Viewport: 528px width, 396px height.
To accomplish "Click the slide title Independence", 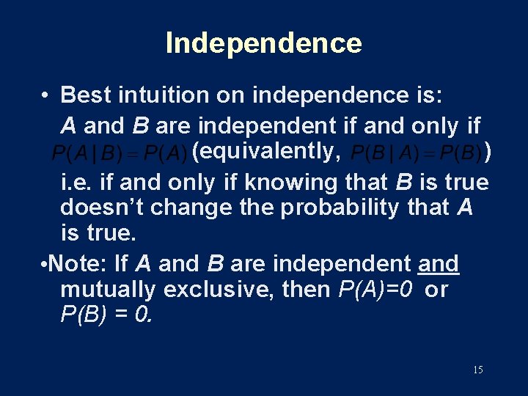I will (264, 43).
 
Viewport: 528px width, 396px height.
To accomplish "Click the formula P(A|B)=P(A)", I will (120, 154).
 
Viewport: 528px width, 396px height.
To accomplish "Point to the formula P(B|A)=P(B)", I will (416, 154).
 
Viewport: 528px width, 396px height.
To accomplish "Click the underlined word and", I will (439, 263).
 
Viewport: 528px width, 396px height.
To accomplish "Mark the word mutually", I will (108, 290).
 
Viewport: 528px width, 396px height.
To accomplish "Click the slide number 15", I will (477, 370).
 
